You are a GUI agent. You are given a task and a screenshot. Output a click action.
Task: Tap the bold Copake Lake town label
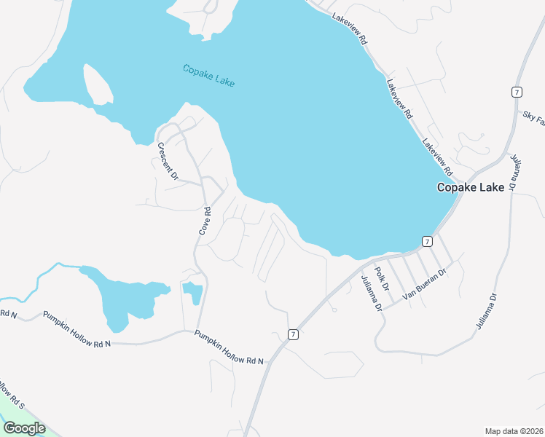click(x=470, y=187)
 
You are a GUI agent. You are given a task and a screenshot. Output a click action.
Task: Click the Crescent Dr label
click(x=168, y=161)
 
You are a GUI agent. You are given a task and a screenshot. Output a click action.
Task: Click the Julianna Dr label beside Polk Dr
click(x=371, y=294)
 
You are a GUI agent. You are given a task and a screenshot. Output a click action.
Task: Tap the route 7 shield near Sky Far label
click(x=516, y=92)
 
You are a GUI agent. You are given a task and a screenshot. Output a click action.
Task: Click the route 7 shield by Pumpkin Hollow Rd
click(x=293, y=334)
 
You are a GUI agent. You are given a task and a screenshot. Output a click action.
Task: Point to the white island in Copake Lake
click(x=98, y=84)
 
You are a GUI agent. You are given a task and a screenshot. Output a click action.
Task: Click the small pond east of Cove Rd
click(x=193, y=293)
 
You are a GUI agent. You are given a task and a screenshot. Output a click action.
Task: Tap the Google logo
click(x=24, y=428)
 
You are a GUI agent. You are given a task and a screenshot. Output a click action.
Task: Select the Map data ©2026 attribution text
click(x=513, y=431)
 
